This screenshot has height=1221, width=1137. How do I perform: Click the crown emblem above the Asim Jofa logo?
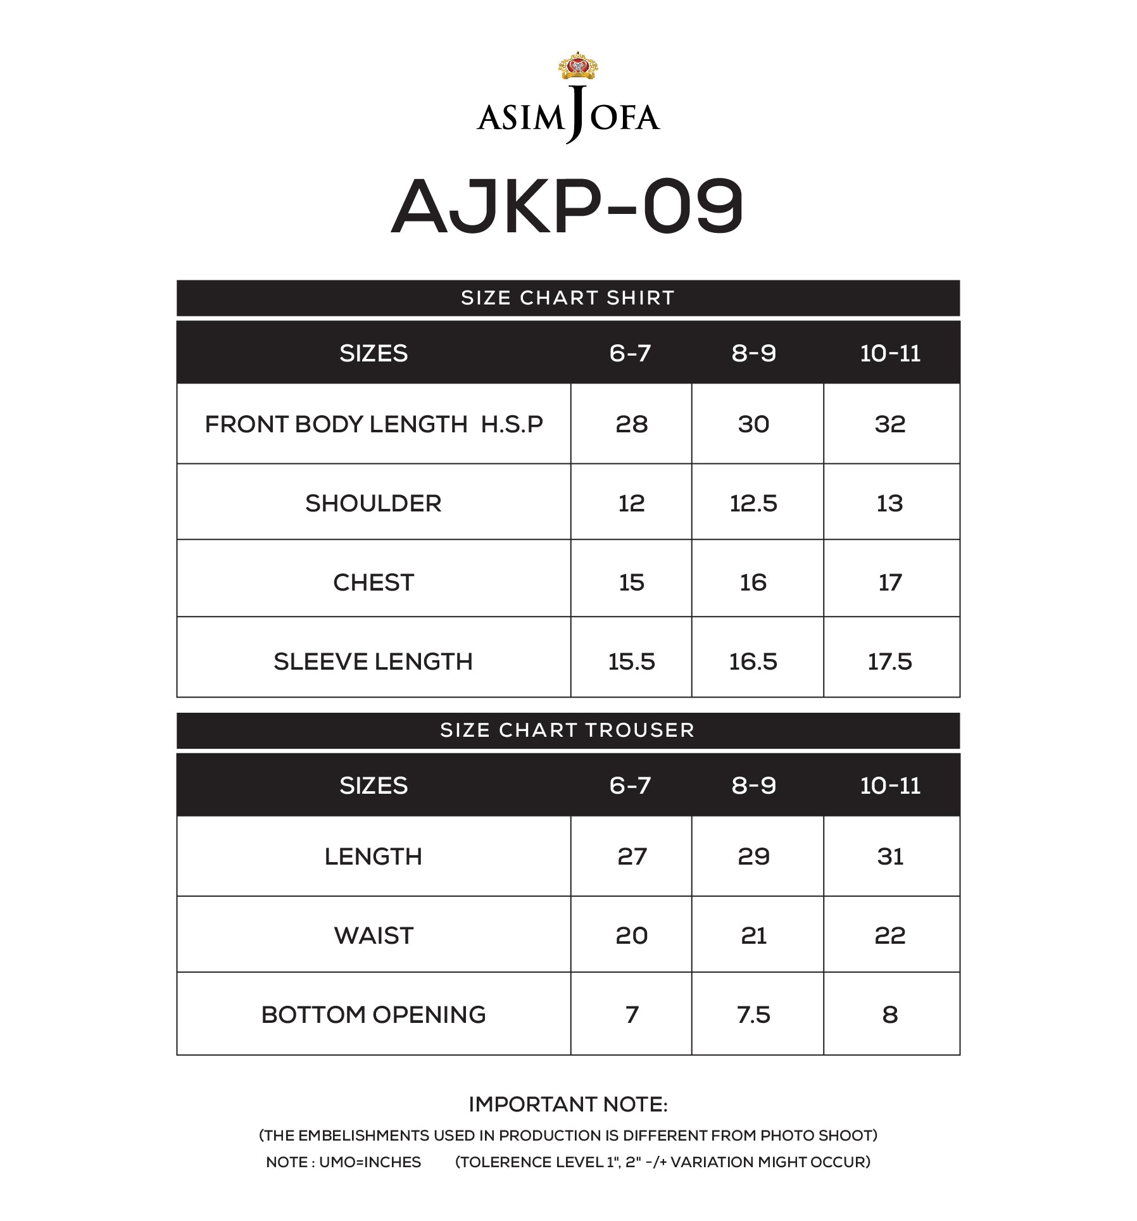click(x=577, y=66)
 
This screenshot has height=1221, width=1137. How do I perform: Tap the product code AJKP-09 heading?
click(x=567, y=206)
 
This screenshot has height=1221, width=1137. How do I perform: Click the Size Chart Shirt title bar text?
click(x=567, y=297)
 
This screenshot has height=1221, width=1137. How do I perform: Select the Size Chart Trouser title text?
click(x=567, y=730)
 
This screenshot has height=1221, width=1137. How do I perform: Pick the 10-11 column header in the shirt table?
click(x=889, y=353)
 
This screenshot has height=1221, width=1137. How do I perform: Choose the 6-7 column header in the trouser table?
click(x=630, y=786)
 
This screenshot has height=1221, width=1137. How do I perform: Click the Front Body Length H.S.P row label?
click(x=374, y=424)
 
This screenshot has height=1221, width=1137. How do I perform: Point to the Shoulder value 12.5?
click(x=753, y=503)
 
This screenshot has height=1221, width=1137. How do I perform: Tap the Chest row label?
click(x=374, y=582)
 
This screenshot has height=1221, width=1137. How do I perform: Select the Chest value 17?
click(x=889, y=582)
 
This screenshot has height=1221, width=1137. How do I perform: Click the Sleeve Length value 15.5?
click(x=631, y=661)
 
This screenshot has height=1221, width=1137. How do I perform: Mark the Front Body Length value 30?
click(x=753, y=424)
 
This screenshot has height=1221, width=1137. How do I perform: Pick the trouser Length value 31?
click(x=889, y=856)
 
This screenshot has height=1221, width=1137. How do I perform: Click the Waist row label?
click(x=374, y=936)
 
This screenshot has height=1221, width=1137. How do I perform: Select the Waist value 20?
click(x=631, y=936)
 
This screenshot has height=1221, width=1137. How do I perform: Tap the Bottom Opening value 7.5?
click(x=753, y=1015)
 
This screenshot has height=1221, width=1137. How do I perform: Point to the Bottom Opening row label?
click(x=374, y=1015)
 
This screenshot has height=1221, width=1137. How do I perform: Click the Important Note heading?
click(x=567, y=1105)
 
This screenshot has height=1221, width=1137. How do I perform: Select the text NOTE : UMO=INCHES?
click(x=343, y=1162)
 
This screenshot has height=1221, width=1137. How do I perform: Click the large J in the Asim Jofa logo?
click(x=575, y=114)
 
